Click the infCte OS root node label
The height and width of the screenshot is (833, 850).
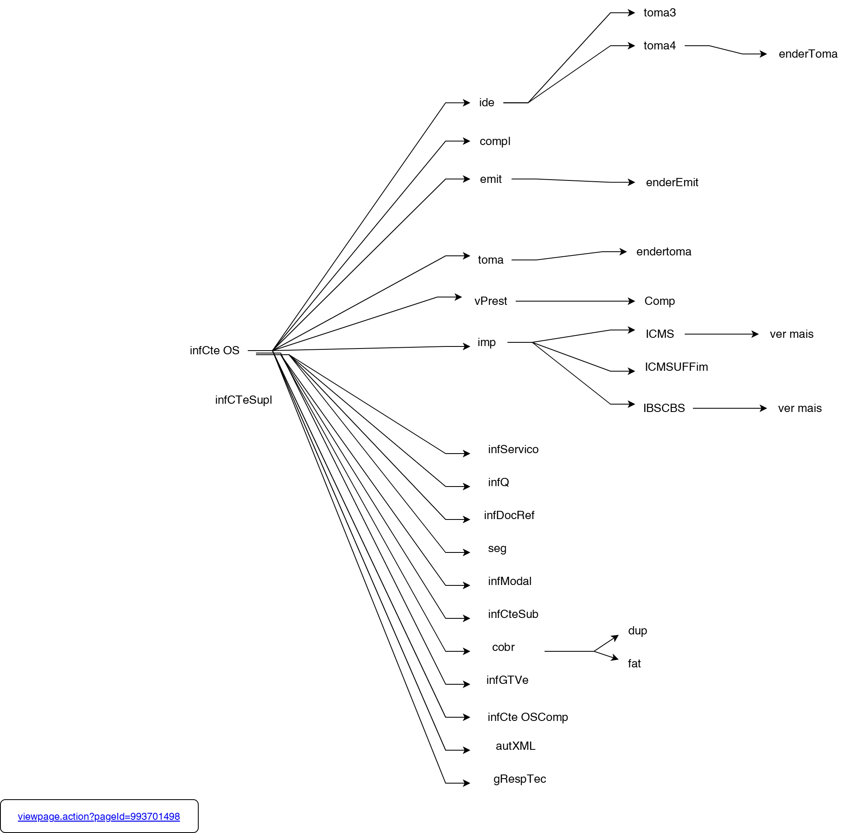[x=214, y=351]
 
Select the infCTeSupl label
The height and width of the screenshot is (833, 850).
[x=243, y=400]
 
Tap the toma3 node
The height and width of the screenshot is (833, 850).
[x=659, y=13]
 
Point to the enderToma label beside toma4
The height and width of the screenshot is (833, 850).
[x=808, y=54]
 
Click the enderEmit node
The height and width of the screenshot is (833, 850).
[x=672, y=183]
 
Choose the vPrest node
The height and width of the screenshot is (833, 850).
[x=490, y=301]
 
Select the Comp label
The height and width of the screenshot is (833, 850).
[x=659, y=301]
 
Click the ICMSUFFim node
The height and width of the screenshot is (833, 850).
[x=676, y=367]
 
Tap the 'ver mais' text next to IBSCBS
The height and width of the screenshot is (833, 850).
[x=799, y=408]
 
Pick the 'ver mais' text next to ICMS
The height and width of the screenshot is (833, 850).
[x=791, y=334]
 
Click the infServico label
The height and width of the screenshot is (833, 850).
[x=513, y=449]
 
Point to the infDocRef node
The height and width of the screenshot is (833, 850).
[x=509, y=515]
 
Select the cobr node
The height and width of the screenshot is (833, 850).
[x=503, y=647]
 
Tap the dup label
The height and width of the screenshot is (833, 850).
[x=637, y=630]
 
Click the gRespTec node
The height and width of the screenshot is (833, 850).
[x=519, y=779]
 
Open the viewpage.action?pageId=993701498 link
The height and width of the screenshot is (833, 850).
[x=99, y=817]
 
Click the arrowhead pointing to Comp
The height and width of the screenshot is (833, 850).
[x=631, y=301]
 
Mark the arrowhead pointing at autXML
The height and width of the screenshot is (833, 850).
[x=467, y=750]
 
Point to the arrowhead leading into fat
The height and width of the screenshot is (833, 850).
[x=615, y=658]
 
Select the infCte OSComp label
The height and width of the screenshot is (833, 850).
[x=527, y=717]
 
